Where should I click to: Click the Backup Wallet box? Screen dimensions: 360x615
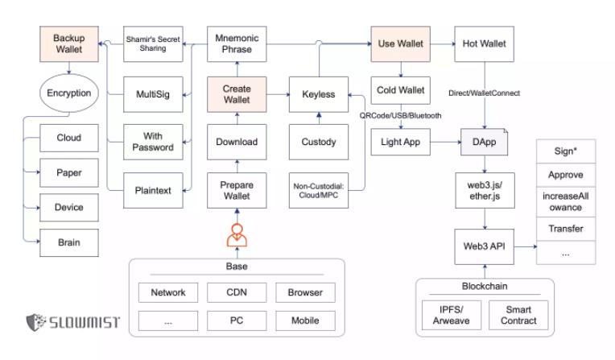(x=68, y=43)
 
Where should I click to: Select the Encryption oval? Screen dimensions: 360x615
(x=68, y=93)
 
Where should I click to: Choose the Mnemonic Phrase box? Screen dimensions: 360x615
(x=235, y=43)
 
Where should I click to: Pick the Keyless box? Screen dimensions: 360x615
(x=318, y=93)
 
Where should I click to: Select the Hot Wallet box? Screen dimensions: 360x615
(x=485, y=43)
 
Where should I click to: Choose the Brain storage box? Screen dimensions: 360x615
(x=68, y=242)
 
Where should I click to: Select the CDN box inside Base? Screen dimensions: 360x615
(x=235, y=293)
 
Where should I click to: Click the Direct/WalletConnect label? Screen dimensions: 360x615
(x=485, y=93)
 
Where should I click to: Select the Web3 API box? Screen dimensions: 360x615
(x=485, y=242)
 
